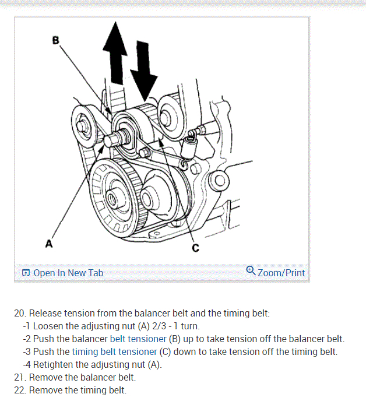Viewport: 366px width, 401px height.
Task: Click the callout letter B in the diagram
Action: pyautogui.click(x=56, y=40)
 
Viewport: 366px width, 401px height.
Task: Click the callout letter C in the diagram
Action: pyautogui.click(x=195, y=248)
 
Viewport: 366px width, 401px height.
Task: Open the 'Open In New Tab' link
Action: pyautogui.click(x=68, y=273)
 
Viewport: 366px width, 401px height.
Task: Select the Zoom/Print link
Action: pyautogui.click(x=281, y=273)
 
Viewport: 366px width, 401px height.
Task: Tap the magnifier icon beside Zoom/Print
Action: pyautogui.click(x=251, y=271)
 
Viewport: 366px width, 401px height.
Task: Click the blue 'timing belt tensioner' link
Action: pyautogui.click(x=114, y=351)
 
